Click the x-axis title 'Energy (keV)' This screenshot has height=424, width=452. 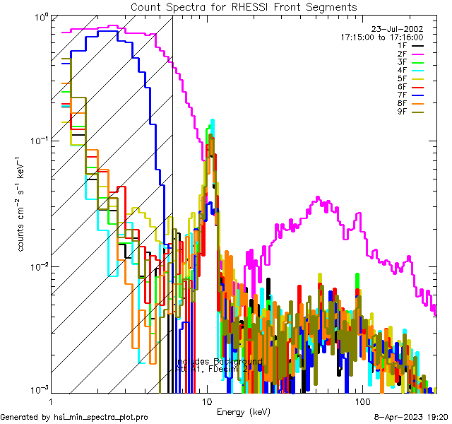[x=244, y=411]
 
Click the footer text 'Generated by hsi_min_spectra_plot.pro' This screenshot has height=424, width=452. [x=74, y=417]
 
